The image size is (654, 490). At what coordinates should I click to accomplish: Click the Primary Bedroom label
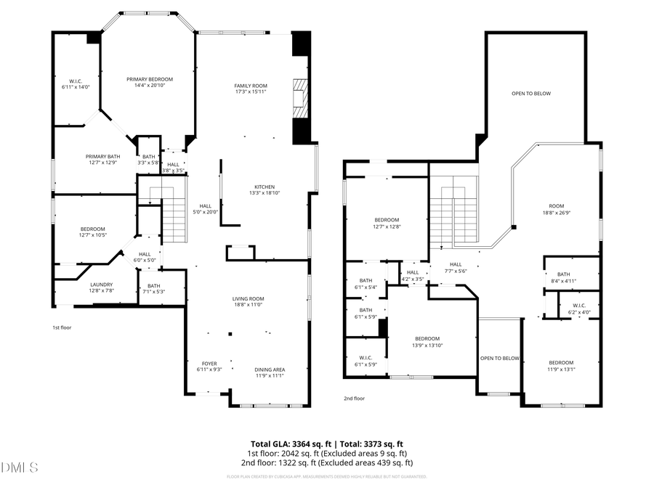pos(149,79)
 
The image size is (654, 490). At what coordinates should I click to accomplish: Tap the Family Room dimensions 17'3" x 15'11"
pos(250,92)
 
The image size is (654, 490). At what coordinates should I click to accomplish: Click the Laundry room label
pos(101,285)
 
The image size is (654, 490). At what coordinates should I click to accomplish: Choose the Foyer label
pos(208,362)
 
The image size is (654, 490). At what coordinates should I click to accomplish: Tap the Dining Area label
pos(270,369)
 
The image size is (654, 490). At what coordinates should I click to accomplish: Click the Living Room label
pos(248,298)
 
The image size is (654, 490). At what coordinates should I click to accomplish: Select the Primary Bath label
pos(102,156)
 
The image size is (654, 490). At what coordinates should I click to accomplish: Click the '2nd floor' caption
pos(354,398)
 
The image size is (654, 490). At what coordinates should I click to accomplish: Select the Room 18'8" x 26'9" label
pos(556,206)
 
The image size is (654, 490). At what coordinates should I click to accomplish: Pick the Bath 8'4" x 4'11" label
pos(563,277)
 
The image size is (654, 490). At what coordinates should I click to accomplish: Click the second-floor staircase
pos(453,214)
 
